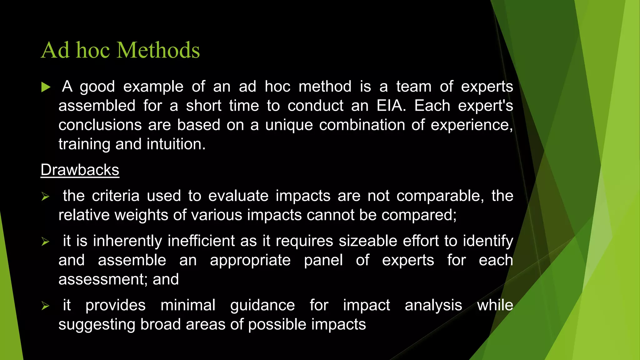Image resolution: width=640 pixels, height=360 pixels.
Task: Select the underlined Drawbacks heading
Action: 80,170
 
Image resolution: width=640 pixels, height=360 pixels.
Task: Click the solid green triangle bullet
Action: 46,87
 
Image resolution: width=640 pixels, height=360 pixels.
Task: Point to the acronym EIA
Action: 391,106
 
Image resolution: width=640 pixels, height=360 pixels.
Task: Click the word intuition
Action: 176,144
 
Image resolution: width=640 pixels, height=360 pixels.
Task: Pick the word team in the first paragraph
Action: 414,87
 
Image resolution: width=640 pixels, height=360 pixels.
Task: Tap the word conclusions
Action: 100,125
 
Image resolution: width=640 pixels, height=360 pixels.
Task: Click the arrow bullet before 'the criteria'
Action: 45,197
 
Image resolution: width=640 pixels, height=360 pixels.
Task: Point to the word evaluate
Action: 238,196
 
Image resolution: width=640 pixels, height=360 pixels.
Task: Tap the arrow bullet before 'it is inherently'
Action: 45,242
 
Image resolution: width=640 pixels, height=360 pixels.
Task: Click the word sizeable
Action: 367,241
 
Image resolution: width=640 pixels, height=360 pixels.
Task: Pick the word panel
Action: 323,260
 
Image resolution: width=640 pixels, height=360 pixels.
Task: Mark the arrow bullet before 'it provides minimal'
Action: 45,306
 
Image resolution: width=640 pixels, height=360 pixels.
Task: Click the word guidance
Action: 262,305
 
